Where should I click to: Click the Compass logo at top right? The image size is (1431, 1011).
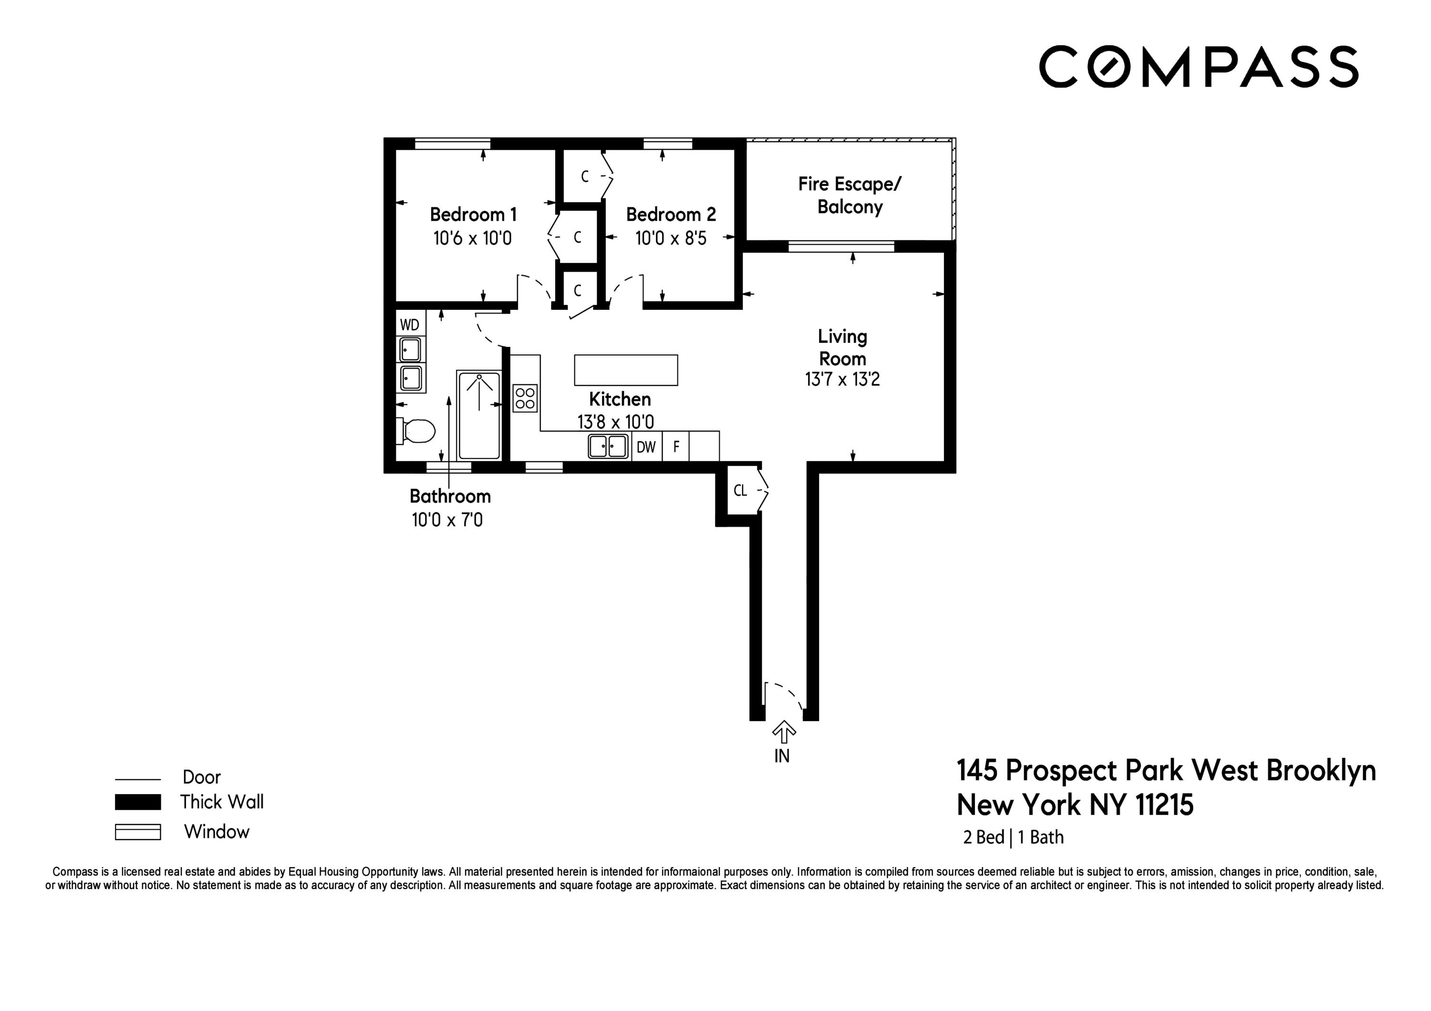1198,67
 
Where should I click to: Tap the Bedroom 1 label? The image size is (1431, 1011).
473,215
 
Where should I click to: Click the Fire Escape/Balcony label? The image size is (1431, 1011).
850,195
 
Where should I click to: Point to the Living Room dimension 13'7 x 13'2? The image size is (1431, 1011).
842,379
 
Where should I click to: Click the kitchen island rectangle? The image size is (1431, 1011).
626,370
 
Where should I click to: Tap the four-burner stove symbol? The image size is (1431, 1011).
525,398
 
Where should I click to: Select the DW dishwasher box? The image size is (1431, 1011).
646,447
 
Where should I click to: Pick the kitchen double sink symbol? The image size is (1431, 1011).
608,447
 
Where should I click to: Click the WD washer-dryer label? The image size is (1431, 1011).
409,325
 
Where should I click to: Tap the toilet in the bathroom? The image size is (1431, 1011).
416,431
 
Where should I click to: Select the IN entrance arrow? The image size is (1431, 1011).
783,733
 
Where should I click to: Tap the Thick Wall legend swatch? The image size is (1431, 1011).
138,802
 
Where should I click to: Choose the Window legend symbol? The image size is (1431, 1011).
138,832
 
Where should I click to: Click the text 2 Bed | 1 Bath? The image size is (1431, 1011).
1013,837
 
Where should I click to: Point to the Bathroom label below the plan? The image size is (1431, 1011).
450,497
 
